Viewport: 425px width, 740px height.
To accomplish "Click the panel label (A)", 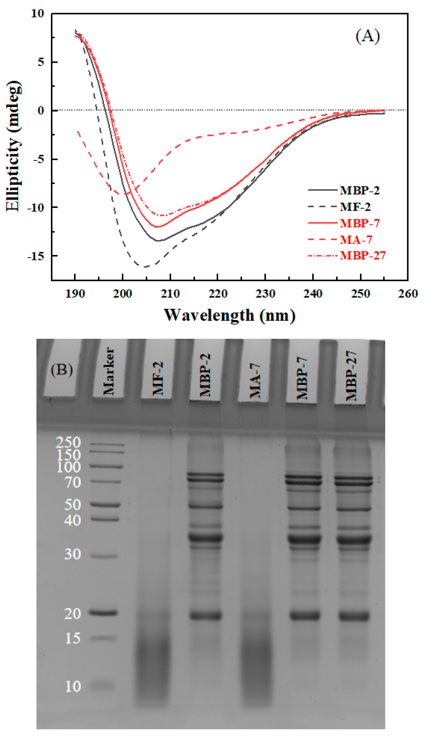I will click(368, 36).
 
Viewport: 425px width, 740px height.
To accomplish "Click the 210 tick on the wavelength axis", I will click(170, 293).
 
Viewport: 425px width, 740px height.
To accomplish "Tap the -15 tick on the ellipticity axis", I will click(36, 256).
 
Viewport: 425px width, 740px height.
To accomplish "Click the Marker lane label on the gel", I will click(109, 371).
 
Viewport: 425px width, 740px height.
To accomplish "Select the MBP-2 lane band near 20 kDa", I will click(206, 616).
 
